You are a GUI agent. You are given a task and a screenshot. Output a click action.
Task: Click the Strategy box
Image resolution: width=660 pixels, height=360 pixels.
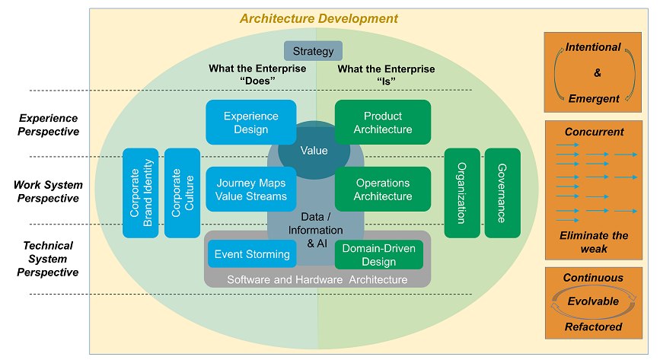pos(313,51)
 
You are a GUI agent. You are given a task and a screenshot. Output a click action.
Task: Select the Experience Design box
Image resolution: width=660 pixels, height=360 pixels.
pos(251,122)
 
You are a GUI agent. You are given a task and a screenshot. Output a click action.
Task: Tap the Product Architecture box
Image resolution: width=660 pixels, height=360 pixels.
pos(383,122)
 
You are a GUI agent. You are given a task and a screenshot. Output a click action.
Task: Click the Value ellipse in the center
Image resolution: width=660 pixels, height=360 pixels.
pos(314,150)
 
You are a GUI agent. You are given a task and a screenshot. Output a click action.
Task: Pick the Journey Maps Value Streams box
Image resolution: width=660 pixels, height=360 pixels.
pos(251,189)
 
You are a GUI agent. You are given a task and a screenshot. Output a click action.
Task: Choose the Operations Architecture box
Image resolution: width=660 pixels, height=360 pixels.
pos(383,189)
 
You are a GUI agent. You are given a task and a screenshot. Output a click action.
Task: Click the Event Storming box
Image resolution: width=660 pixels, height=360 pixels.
pos(252,254)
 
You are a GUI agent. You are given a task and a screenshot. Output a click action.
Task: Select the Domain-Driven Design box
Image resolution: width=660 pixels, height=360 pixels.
pos(379,255)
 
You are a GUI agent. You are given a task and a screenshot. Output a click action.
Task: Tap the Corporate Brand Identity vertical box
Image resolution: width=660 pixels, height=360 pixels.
pos(141,193)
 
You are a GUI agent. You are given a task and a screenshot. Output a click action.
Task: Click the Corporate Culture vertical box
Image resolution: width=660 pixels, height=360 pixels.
pos(182,193)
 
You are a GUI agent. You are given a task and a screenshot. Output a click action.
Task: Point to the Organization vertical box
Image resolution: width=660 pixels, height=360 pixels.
pos(462,193)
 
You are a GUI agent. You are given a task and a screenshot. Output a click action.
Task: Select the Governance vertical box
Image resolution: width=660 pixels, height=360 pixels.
pos(502,193)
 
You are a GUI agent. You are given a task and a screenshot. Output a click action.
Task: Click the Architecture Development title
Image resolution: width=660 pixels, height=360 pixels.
pos(319,19)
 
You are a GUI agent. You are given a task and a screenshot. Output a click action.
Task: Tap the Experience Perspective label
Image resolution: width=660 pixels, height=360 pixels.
pos(49,125)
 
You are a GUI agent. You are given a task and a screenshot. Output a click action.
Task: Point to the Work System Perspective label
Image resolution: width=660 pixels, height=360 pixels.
pos(48,192)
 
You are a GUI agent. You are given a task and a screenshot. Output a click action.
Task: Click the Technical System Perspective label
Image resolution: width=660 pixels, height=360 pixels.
pos(48,259)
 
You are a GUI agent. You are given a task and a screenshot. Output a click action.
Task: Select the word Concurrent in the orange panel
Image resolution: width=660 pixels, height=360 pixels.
pos(594,132)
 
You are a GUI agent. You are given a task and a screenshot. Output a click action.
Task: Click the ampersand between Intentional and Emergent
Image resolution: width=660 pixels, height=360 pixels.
pos(598,73)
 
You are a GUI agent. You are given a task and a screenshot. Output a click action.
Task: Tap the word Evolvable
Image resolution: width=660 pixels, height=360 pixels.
pos(593,301)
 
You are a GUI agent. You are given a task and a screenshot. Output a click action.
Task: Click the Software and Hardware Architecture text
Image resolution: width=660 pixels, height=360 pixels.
pos(317,279)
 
